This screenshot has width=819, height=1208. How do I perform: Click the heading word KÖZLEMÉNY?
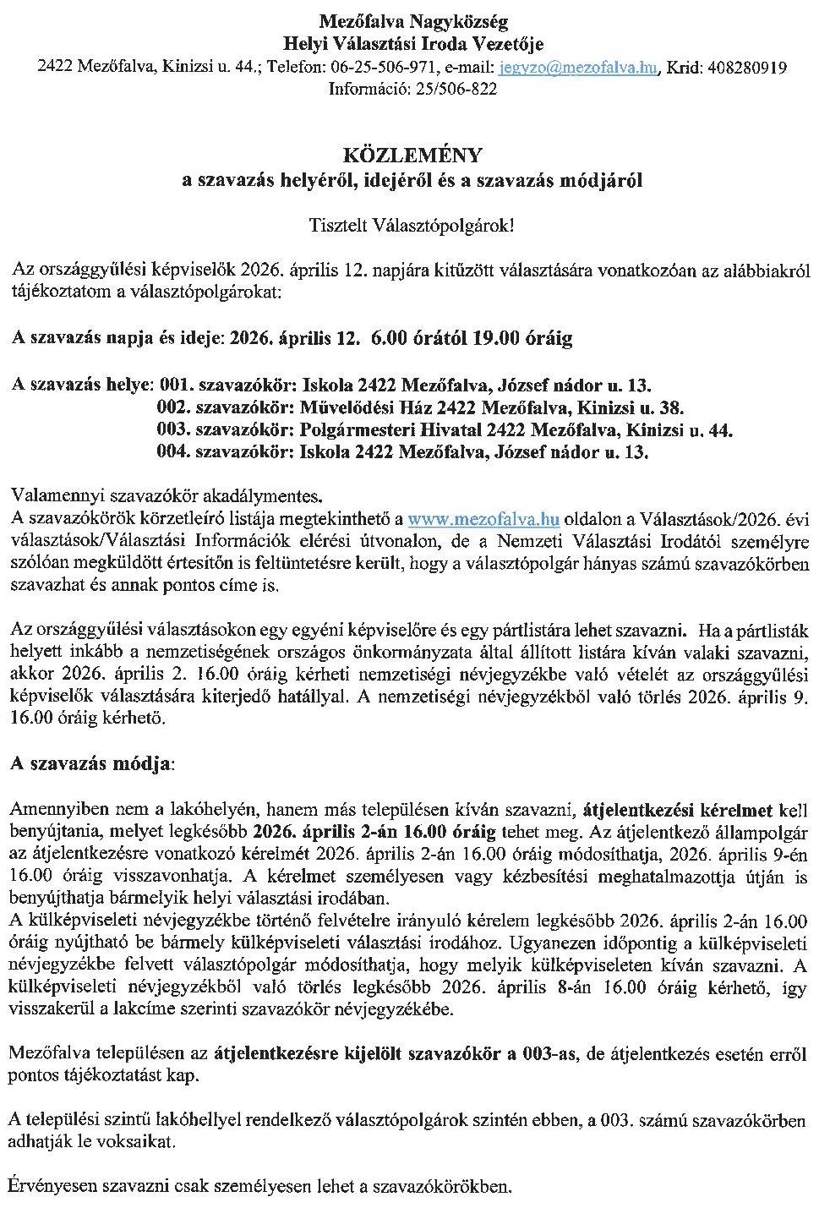coord(412,156)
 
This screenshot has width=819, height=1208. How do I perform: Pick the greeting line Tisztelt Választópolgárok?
coord(412,227)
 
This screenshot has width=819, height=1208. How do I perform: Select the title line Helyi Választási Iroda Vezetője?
coord(413,44)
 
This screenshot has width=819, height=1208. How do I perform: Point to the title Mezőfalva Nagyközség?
coord(413,21)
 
